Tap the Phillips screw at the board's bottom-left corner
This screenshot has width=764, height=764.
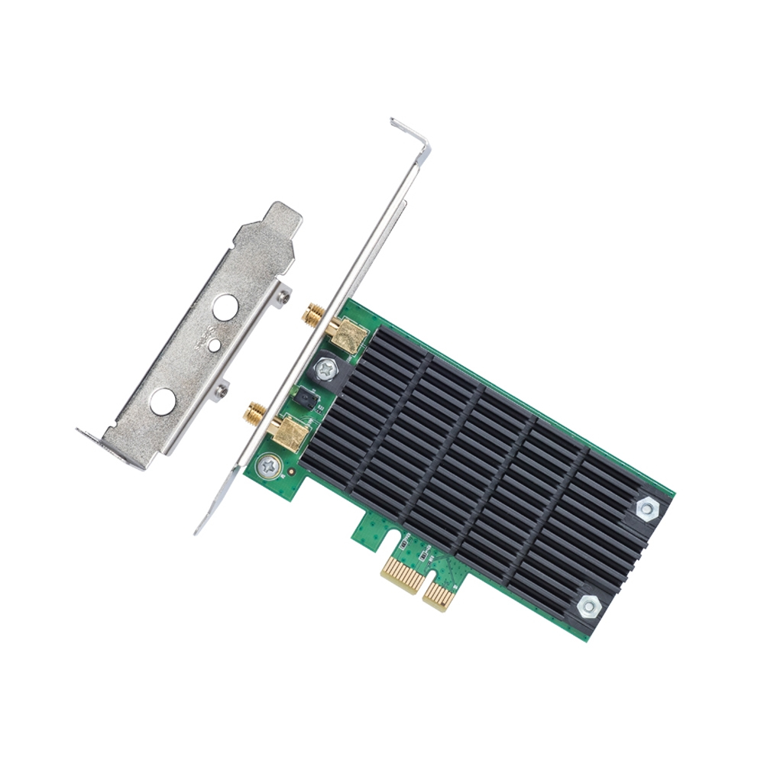267,465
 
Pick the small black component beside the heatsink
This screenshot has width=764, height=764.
305,397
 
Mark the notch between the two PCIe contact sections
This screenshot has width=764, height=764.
422,580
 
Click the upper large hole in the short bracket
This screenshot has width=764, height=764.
225,308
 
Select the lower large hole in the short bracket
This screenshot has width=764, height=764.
162,401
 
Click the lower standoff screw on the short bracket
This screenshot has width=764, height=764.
222,390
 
